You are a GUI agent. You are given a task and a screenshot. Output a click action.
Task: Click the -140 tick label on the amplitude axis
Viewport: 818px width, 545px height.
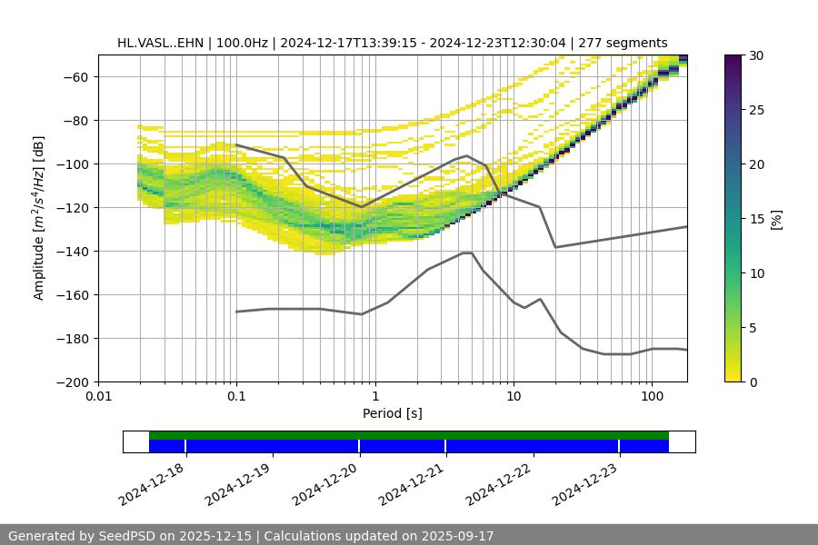pyautogui.click(x=75, y=251)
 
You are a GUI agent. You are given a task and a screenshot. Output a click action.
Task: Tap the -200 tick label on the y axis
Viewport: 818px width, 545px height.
pyautogui.click(x=75, y=381)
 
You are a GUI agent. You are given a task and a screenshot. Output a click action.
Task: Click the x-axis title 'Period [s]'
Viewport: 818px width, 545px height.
pyautogui.click(x=392, y=413)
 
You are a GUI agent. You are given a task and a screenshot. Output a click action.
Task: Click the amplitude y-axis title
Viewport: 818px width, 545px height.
pyautogui.click(x=39, y=218)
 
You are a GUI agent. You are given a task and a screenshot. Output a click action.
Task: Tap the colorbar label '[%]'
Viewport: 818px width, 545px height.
pyautogui.click(x=775, y=218)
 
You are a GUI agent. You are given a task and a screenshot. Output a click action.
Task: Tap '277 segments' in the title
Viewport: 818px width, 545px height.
pyautogui.click(x=623, y=43)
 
